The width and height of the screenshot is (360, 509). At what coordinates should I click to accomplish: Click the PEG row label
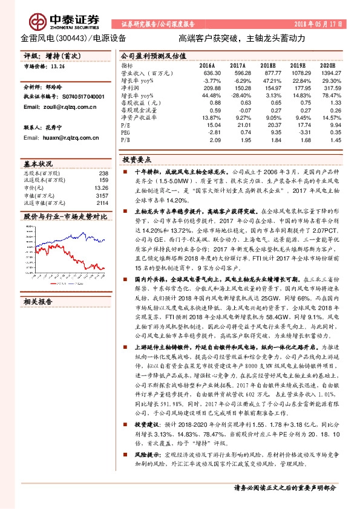(126, 132)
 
